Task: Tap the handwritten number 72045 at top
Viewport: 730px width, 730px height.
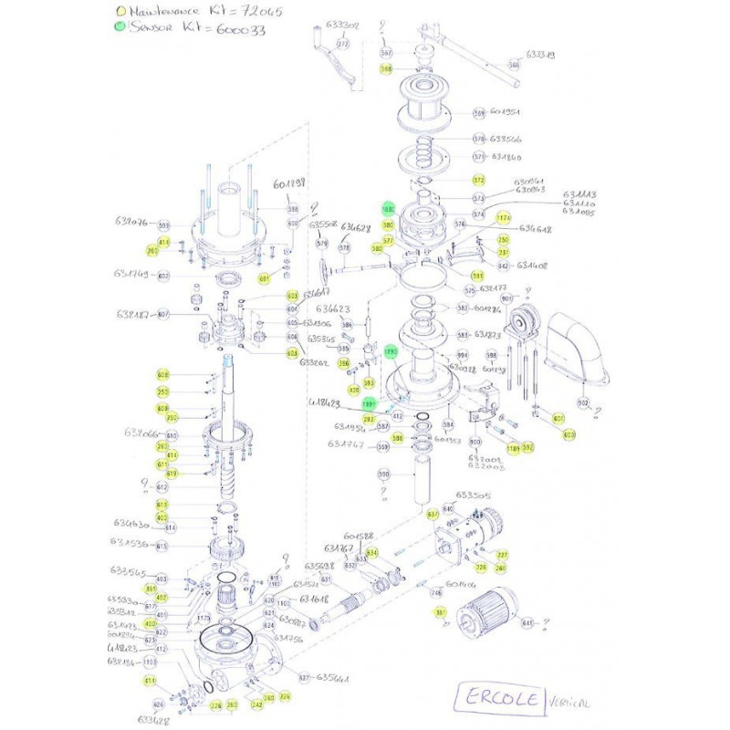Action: pos(262,12)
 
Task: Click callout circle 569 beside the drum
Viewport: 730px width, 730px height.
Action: pos(479,113)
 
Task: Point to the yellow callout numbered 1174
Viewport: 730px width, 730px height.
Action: pos(503,218)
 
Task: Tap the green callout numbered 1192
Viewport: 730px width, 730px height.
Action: pos(391,350)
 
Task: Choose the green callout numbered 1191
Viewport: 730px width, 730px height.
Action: pos(370,402)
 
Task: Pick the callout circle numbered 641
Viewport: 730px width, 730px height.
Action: pos(527,623)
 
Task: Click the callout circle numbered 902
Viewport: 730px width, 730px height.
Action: pos(582,402)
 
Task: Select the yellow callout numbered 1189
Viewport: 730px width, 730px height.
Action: pos(514,448)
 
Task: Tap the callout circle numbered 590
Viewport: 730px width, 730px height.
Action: pos(383,474)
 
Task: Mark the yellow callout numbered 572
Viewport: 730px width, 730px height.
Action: pos(478,181)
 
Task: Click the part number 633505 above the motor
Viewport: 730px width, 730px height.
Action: pos(474,495)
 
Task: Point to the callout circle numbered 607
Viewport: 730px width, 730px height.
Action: pos(163,315)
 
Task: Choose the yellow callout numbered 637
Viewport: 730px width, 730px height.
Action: pos(433,515)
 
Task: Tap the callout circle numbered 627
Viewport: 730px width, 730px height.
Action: pos(304,678)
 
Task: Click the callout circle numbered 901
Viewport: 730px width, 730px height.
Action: pos(506,299)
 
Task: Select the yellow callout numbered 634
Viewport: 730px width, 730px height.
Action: pos(371,553)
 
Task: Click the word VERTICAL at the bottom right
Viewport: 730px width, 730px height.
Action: pos(570,704)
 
